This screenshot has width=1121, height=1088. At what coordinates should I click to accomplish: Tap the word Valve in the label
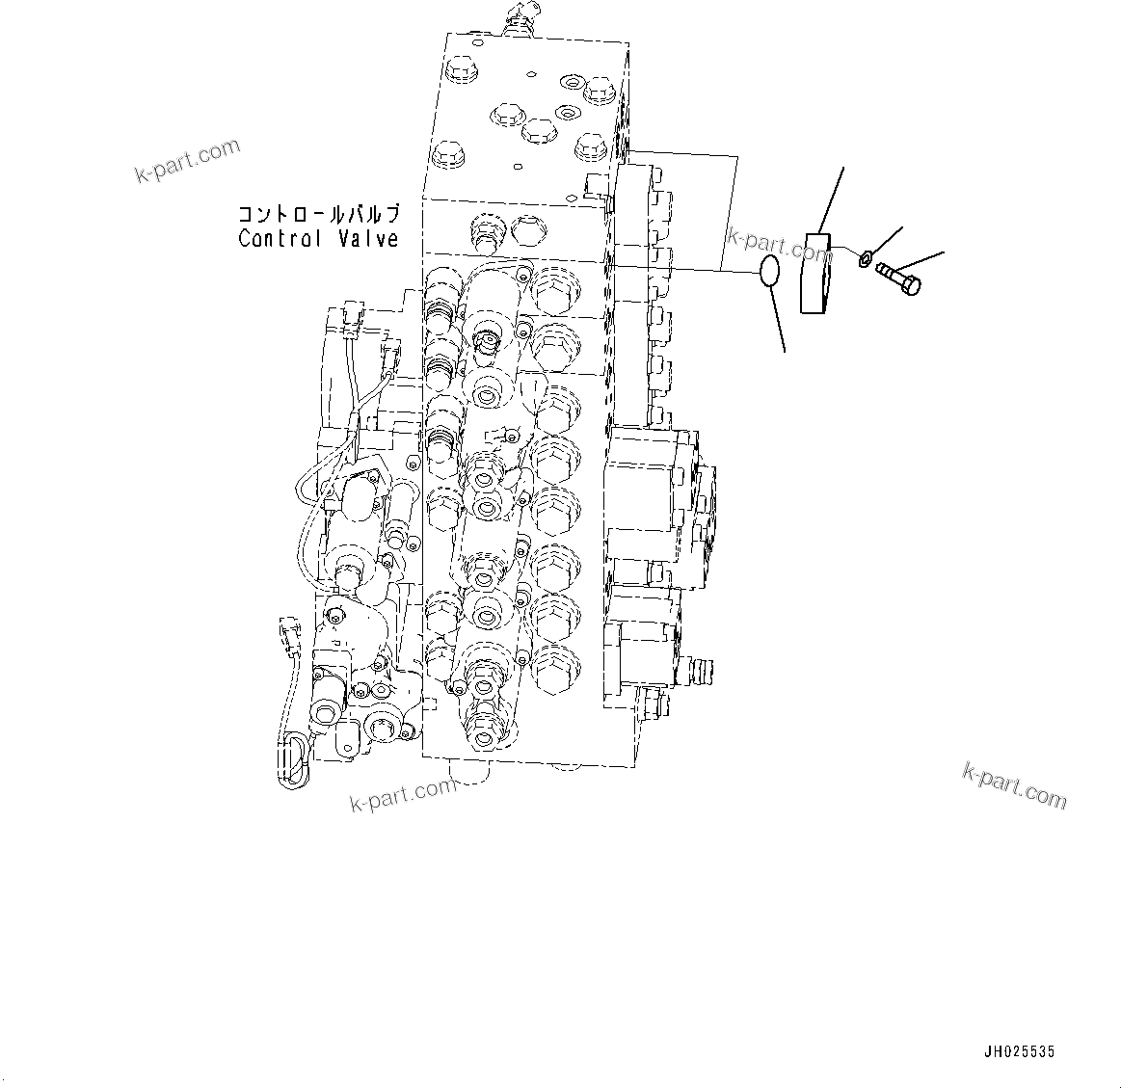click(x=367, y=238)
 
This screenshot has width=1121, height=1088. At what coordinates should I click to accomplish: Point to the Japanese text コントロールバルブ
click(x=317, y=214)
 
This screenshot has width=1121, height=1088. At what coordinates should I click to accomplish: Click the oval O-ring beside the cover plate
click(x=769, y=272)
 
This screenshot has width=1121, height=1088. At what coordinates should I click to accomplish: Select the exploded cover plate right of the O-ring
click(x=816, y=274)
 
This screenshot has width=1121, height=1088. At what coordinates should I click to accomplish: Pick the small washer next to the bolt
click(x=866, y=257)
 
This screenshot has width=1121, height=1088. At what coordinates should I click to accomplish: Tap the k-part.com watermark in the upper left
click(x=187, y=160)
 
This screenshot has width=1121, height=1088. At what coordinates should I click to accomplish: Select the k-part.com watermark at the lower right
click(x=1014, y=784)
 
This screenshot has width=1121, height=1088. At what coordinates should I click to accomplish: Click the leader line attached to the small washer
click(x=887, y=241)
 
